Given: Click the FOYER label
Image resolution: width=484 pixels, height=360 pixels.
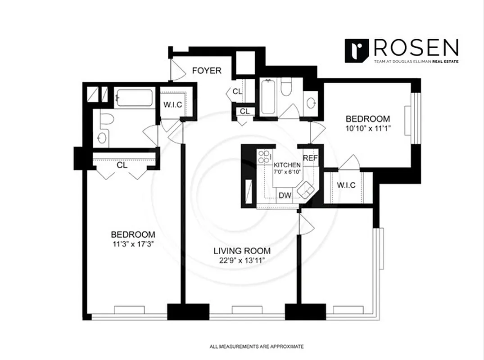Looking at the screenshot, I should [207, 71].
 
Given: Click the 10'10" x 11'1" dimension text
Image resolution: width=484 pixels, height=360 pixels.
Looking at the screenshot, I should [367, 128].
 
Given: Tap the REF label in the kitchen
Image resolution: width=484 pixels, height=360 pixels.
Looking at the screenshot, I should [310, 158].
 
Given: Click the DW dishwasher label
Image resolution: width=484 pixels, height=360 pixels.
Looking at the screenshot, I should [284, 195].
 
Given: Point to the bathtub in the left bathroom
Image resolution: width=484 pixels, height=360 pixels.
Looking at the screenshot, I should [134, 97].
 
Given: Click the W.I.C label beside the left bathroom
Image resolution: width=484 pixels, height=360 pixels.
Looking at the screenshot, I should [173, 104].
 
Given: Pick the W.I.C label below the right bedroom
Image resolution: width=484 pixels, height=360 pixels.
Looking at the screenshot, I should [347, 184].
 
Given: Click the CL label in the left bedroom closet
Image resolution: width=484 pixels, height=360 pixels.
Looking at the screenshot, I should [122, 165].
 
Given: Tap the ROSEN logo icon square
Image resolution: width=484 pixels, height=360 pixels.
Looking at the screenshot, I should [357, 50].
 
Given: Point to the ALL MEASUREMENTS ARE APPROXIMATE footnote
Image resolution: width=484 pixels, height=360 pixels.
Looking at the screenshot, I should [257, 346].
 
